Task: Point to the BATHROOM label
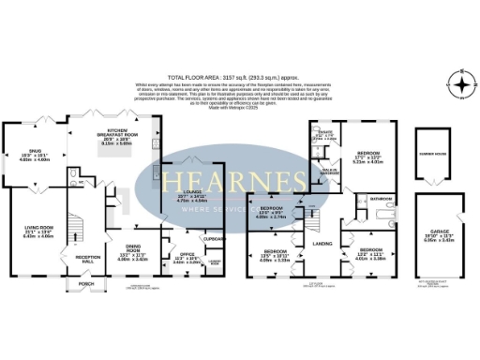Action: pyautogui.click(x=381, y=200)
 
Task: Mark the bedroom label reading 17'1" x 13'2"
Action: pyautogui.click(x=368, y=153)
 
